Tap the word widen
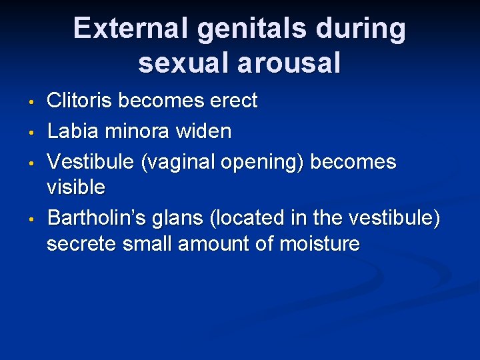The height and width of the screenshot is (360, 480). point(205,131)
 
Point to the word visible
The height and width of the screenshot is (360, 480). point(75,187)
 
